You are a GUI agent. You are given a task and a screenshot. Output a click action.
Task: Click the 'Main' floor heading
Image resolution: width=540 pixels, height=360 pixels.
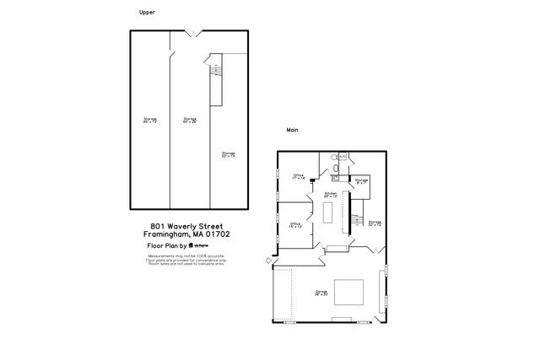[293, 130]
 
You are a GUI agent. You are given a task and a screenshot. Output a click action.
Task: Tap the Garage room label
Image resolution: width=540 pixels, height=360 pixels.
[321, 293]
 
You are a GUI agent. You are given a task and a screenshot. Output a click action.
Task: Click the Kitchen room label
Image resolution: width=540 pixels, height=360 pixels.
[331, 195]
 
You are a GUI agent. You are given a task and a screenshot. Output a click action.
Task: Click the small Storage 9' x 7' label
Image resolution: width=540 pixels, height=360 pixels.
[361, 181]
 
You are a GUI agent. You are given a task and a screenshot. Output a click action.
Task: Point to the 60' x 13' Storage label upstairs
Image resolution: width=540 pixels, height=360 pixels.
[150, 121]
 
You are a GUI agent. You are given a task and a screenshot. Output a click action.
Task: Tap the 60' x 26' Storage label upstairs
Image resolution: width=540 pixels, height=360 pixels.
[190, 121]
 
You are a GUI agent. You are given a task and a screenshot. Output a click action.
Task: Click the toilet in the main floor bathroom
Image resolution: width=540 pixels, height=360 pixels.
[337, 169]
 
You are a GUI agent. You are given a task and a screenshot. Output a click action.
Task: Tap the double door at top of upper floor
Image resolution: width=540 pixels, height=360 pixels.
[194, 34]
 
